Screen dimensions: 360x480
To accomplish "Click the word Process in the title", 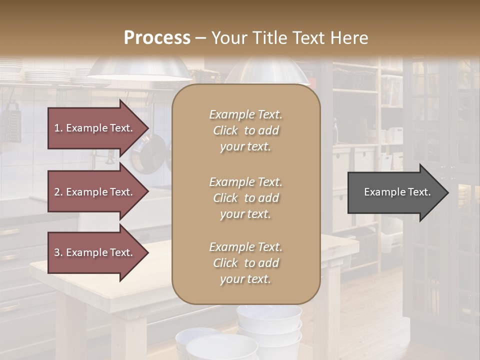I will (x=157, y=38).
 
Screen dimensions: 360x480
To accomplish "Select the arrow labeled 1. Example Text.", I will (x=95, y=128).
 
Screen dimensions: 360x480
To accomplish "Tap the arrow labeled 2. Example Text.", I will (x=95, y=192).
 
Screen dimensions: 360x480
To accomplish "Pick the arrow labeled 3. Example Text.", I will (x=95, y=252).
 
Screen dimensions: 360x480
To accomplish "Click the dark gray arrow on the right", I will (x=395, y=192).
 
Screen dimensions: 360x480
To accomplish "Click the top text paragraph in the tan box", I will (x=245, y=130).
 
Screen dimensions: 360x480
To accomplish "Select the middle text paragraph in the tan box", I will (x=245, y=198).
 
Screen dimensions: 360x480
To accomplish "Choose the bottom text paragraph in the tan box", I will (x=245, y=263).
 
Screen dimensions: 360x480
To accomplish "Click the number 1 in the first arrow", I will (x=57, y=128).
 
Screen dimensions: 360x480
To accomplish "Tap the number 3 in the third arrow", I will (x=57, y=252).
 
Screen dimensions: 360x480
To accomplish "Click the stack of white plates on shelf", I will (x=47, y=76).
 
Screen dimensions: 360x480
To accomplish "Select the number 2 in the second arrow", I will (x=57, y=192).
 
